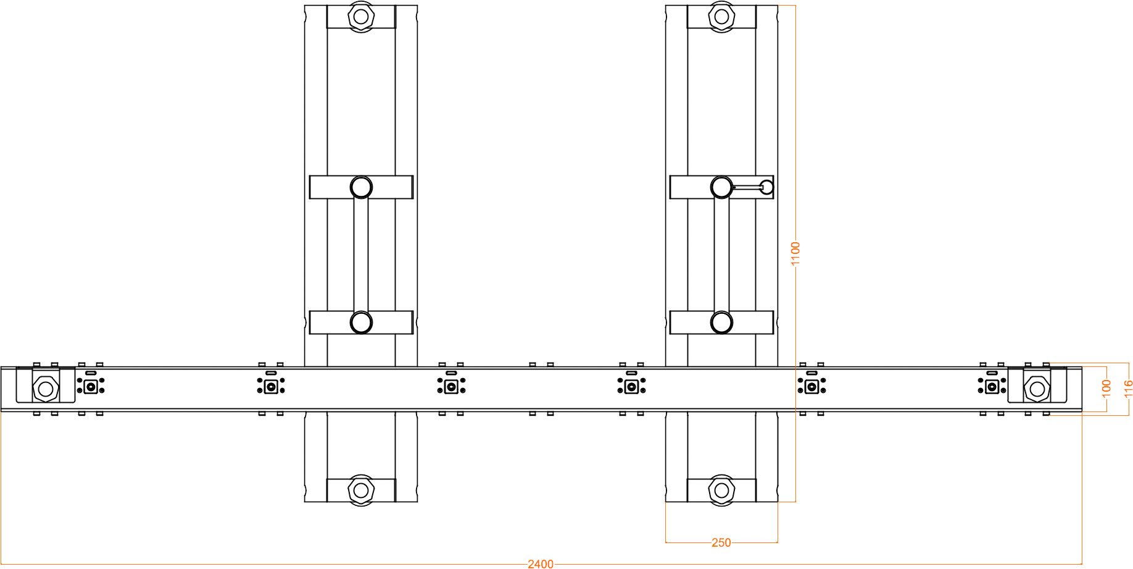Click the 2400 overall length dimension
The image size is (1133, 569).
541,563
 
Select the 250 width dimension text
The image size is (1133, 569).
721,542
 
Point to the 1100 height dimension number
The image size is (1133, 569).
795,254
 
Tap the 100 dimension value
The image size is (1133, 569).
1106,389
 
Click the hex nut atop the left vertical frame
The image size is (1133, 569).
361,16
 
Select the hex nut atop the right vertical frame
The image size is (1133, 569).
721,16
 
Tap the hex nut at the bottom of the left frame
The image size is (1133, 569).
361,491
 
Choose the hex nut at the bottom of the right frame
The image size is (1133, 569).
721,491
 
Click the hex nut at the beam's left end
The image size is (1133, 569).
46,389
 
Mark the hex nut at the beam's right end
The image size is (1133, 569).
1037,389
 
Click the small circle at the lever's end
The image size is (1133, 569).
766,187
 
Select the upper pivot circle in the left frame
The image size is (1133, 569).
361,187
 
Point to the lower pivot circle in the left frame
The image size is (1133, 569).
361,322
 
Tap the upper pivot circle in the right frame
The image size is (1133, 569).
721,187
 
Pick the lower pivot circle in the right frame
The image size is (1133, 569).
721,322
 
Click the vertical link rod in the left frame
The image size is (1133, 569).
361,255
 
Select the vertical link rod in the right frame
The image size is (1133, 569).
721,255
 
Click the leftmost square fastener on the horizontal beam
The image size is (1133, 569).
91,387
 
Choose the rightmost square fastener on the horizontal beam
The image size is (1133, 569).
992,387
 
